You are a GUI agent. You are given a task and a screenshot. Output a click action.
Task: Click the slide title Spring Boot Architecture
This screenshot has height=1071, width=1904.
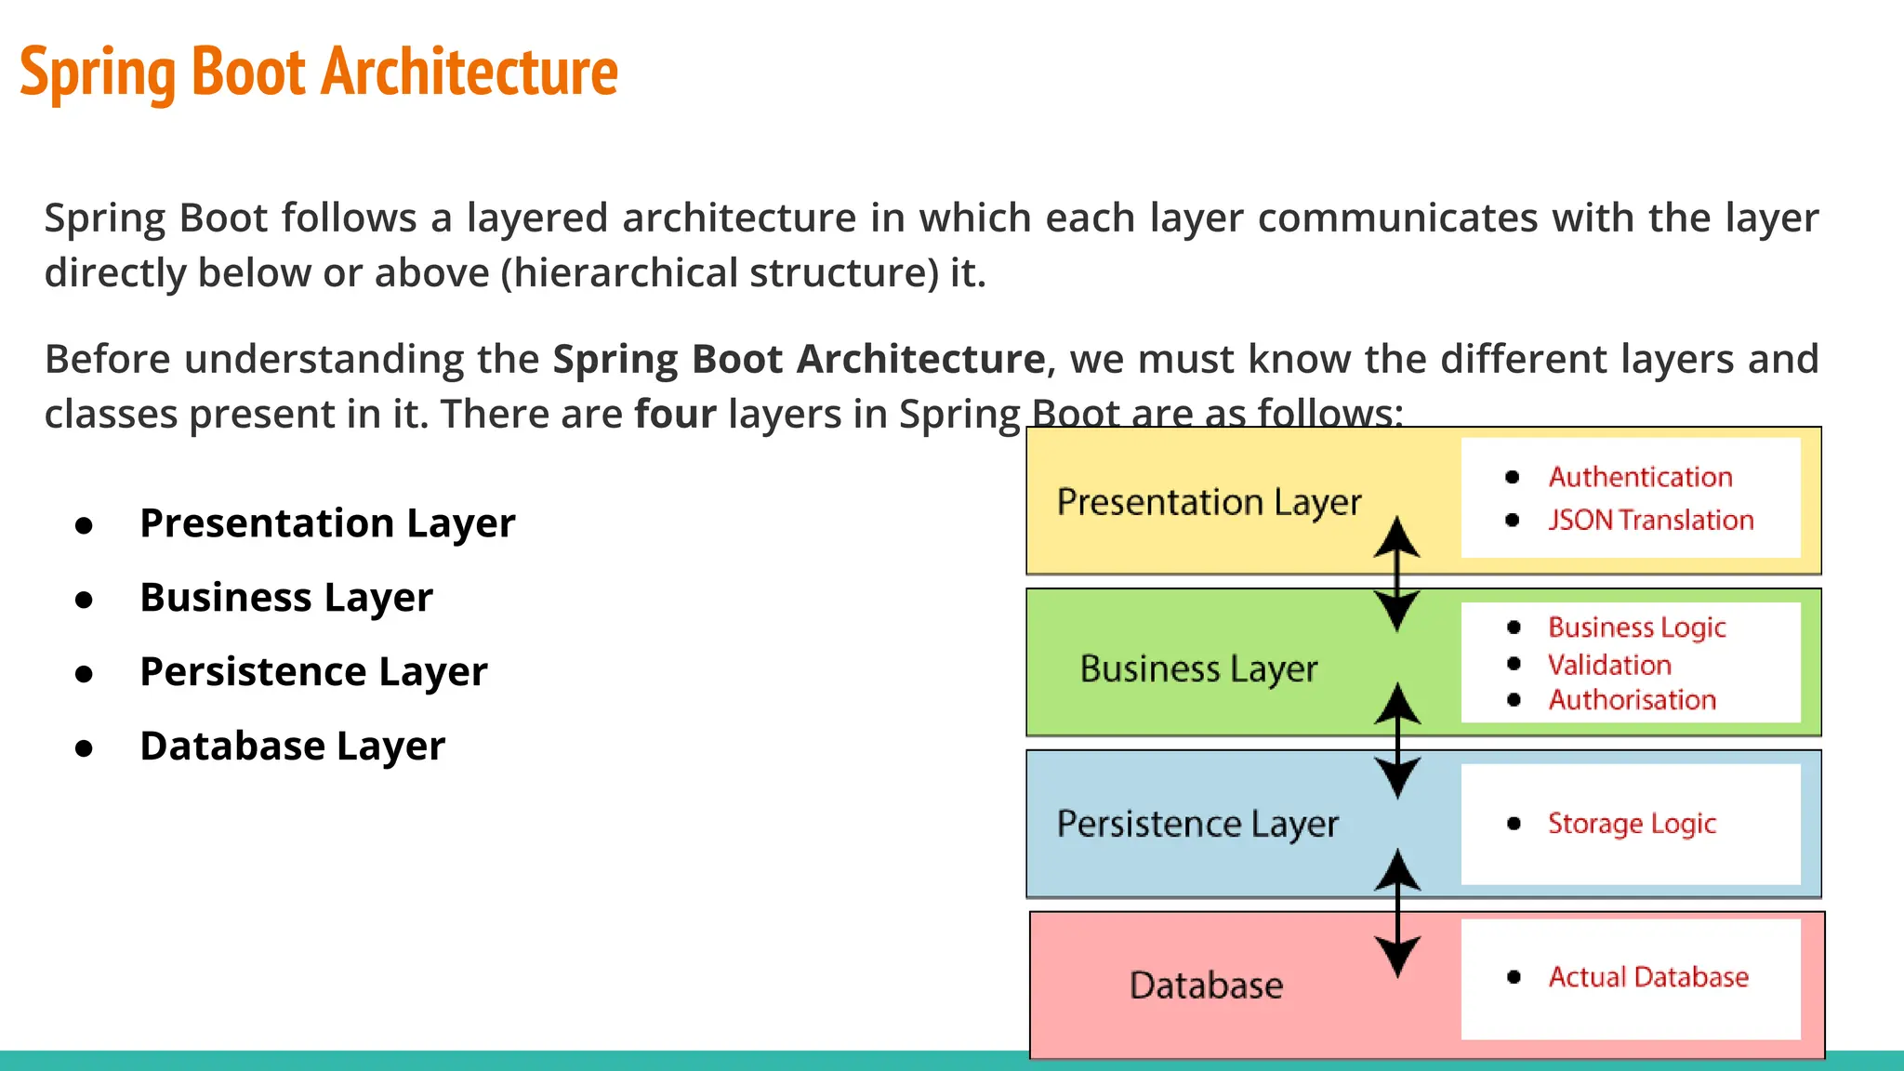(x=318, y=73)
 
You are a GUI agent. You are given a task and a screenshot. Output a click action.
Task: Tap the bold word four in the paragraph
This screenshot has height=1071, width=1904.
(x=675, y=415)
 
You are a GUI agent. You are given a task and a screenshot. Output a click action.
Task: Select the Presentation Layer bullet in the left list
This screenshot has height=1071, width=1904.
(x=327, y=523)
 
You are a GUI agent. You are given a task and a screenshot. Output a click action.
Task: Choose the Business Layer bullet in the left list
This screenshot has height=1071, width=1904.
(x=286, y=598)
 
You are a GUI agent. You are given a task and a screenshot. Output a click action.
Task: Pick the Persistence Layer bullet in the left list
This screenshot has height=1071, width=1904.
(x=313, y=672)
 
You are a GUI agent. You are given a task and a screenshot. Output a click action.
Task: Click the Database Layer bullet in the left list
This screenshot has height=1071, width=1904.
(x=292, y=747)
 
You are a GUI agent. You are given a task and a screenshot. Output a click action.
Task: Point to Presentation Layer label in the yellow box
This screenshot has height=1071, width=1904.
(x=1209, y=503)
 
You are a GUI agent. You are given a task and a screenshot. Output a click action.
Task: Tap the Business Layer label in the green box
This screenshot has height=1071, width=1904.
(x=1198, y=669)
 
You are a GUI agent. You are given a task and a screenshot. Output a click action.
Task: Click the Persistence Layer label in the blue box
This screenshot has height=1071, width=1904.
(x=1197, y=825)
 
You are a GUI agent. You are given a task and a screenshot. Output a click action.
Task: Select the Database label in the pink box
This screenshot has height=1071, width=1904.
(x=1206, y=985)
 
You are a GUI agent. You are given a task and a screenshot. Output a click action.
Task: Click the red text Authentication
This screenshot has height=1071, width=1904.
(x=1640, y=477)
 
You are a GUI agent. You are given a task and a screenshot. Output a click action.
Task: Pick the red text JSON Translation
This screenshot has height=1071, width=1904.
(x=1650, y=521)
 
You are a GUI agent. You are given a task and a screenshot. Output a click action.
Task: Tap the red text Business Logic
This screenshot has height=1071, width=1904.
(x=1636, y=628)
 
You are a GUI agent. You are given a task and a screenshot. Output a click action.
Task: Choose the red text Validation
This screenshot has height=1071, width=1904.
(x=1609, y=666)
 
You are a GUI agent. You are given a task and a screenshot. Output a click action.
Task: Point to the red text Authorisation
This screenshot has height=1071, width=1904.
(x=1632, y=700)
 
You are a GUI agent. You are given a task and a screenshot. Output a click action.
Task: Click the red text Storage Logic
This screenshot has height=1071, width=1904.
(x=1632, y=825)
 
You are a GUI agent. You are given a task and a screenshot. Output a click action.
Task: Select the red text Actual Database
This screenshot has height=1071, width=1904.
(x=1648, y=977)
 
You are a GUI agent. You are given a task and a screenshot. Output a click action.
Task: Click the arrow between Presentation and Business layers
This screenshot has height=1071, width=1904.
(x=1396, y=575)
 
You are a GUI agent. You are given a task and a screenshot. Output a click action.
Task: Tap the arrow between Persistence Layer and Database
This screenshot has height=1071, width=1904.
(x=1396, y=913)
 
